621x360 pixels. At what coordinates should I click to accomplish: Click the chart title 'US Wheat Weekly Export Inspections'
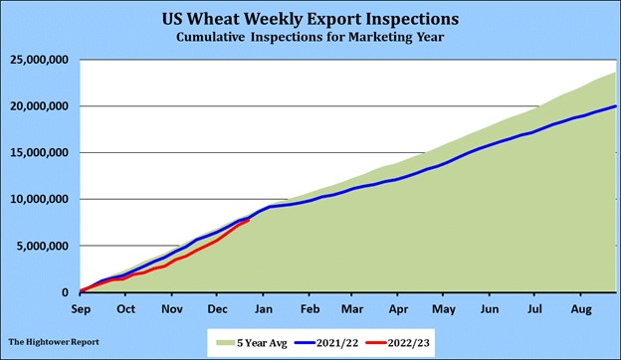(x=310, y=19)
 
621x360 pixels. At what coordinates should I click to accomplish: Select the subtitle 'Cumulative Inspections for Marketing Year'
(x=310, y=37)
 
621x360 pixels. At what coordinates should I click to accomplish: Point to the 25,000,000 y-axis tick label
(x=39, y=60)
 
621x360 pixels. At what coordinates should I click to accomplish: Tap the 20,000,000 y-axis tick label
(x=39, y=106)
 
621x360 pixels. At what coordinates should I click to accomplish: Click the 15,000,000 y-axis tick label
(x=39, y=153)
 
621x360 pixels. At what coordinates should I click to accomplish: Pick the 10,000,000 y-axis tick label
(x=39, y=199)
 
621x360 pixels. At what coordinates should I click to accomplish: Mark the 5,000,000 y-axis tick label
(x=42, y=246)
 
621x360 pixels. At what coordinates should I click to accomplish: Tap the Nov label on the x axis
(x=173, y=308)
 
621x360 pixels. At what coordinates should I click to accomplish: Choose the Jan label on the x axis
(x=264, y=308)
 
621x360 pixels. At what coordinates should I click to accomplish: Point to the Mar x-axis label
(x=353, y=308)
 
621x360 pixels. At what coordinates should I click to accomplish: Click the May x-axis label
(x=443, y=308)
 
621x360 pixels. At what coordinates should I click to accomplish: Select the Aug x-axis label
(x=579, y=308)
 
